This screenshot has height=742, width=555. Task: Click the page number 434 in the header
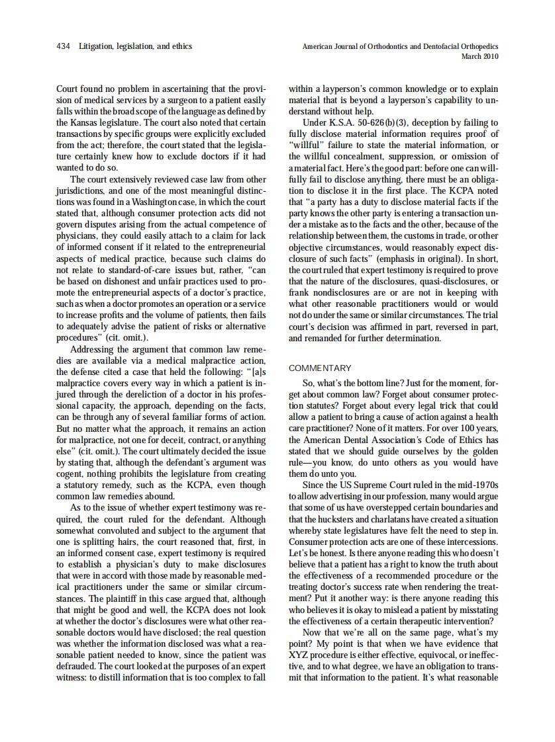tap(64, 47)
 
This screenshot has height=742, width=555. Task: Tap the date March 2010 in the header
tap(479, 56)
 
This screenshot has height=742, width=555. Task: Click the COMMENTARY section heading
tap(320, 368)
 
